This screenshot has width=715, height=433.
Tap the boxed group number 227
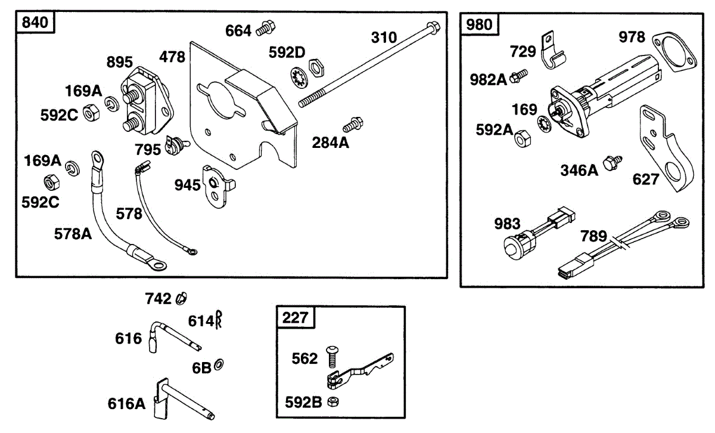click(x=296, y=318)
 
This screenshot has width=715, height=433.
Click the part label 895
click(x=120, y=63)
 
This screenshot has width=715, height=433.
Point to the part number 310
click(x=384, y=38)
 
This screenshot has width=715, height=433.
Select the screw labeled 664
click(x=265, y=28)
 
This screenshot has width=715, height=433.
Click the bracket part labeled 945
click(x=217, y=185)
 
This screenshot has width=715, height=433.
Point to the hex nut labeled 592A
click(x=521, y=138)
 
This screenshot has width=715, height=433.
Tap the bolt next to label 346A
click(x=611, y=163)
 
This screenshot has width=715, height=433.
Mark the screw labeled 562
click(x=332, y=357)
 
